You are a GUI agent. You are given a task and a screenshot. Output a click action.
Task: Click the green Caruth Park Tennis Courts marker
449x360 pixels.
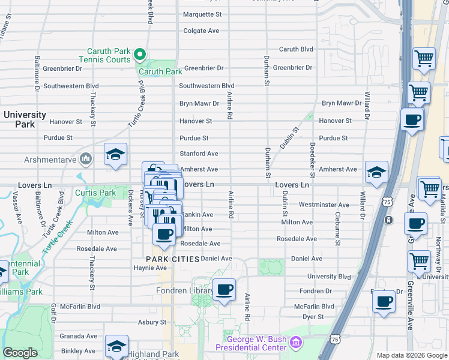[140, 55]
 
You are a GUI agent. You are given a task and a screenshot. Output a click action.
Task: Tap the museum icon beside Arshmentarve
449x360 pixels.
[86, 159]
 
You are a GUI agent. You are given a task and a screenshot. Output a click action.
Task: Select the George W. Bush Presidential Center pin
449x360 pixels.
[295, 343]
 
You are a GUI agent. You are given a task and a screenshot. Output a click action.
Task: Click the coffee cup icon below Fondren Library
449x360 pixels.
[224, 290]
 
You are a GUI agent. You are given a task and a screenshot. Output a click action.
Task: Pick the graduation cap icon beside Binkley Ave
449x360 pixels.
[116, 346]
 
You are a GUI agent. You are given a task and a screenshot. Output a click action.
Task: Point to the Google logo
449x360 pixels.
[20, 353]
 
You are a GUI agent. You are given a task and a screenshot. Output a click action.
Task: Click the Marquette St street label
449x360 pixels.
[202, 14]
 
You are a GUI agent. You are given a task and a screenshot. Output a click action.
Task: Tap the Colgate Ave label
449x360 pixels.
[201, 31]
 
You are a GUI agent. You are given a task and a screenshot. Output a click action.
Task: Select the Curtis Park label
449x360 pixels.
[95, 193]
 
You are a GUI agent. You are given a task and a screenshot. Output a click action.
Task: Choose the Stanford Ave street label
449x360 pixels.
[199, 154]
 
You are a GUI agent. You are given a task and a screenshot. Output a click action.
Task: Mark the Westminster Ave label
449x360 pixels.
[324, 205]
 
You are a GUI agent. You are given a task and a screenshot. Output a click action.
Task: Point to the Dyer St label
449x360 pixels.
[313, 316]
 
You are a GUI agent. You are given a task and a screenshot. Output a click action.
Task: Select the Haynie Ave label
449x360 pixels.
[150, 268]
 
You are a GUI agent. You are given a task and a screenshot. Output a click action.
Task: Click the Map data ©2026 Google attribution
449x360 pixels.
[411, 355]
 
